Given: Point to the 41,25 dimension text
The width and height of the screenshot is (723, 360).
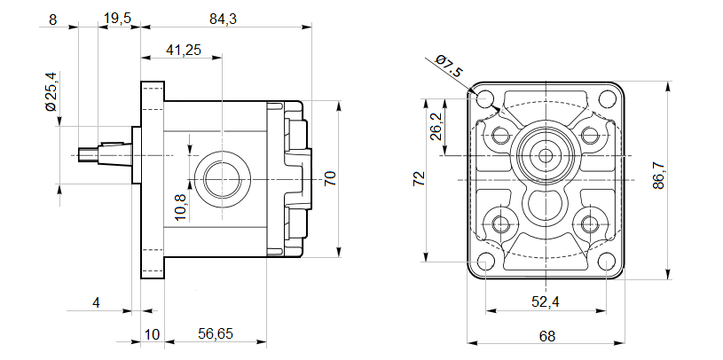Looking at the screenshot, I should (x=184, y=51).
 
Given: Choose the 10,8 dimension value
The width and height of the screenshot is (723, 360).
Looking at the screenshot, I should (x=180, y=207).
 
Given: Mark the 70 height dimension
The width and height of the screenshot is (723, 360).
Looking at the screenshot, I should (x=330, y=177).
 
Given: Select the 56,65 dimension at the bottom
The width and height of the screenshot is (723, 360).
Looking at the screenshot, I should (x=216, y=333).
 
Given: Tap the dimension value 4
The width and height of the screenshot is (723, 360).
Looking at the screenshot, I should (x=97, y=303).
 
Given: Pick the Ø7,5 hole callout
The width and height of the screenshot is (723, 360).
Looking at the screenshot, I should (x=450, y=67).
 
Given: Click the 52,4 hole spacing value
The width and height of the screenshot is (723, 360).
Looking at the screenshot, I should (x=545, y=302).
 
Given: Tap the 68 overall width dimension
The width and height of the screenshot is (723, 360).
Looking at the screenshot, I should (x=546, y=336).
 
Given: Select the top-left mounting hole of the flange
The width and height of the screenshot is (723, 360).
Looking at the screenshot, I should (x=484, y=98).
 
